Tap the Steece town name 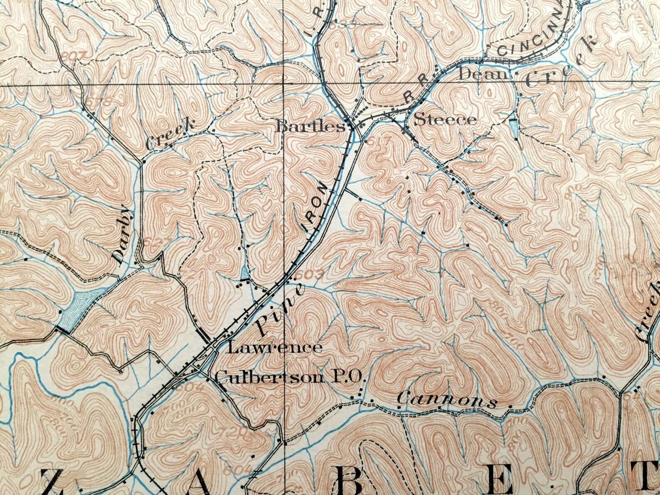click(x=446, y=120)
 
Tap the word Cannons click(x=447, y=401)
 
